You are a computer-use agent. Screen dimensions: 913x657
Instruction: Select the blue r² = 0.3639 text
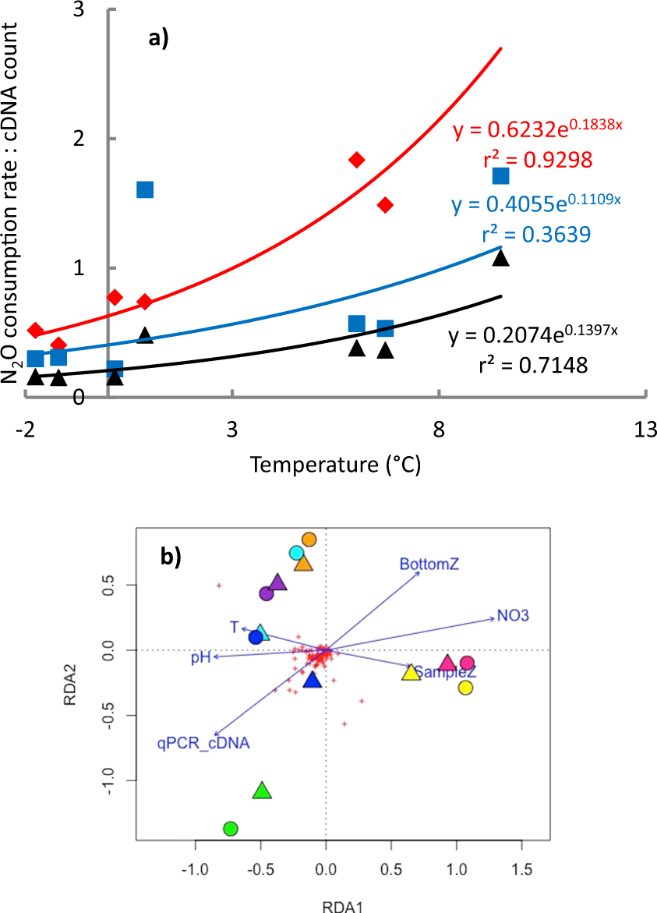coord(536,234)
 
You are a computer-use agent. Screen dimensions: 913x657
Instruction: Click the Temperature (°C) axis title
coord(335,465)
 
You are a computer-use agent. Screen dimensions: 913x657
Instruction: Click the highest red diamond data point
coord(357,160)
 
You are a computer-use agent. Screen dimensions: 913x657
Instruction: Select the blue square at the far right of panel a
coord(500,176)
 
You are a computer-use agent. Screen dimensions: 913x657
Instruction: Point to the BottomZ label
coord(429,564)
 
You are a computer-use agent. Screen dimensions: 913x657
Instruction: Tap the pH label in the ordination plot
coord(201,659)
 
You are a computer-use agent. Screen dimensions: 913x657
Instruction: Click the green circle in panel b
coord(230,828)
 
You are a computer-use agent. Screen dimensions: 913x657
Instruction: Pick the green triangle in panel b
coord(263,791)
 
